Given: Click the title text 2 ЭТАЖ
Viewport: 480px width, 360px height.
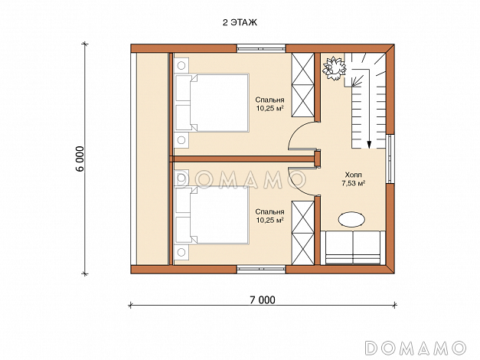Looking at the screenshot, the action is tap(240, 22).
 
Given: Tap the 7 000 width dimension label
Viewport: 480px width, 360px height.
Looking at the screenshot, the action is tap(263, 300).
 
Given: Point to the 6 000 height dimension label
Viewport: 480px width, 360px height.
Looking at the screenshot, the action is tap(80, 159).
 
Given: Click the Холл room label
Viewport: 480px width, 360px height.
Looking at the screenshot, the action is tap(353, 175).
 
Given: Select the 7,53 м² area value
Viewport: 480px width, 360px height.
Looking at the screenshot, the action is tap(353, 184).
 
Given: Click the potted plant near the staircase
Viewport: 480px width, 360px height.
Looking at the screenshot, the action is tap(334, 68).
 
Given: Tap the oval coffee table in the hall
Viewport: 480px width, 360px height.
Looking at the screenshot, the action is tap(351, 219).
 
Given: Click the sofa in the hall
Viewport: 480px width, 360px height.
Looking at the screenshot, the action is tap(353, 247).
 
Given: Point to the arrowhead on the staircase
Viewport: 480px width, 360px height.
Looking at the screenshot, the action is tap(369, 145).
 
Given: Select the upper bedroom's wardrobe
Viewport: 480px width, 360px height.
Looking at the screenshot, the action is tap(303, 85).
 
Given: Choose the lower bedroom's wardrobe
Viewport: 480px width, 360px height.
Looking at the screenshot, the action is tap(303, 233).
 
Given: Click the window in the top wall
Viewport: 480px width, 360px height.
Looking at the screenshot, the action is tap(261, 48).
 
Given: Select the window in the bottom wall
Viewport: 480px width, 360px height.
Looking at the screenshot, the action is tap(261, 270).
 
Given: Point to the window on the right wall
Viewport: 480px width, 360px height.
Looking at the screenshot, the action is tap(390, 159).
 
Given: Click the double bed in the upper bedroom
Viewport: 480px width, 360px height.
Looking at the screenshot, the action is tap(212, 103).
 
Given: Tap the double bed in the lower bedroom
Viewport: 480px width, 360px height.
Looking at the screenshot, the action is tap(212, 214).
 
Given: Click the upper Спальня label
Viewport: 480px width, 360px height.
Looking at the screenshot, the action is tap(269, 100).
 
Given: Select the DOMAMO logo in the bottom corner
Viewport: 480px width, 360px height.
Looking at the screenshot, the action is tap(416, 348).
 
